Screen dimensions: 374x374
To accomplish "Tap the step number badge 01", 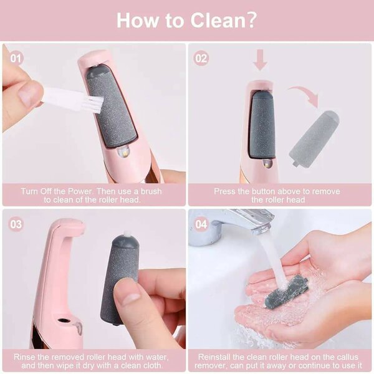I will coord(17,59).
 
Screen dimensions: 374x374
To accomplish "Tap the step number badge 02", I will coord(201,59).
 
